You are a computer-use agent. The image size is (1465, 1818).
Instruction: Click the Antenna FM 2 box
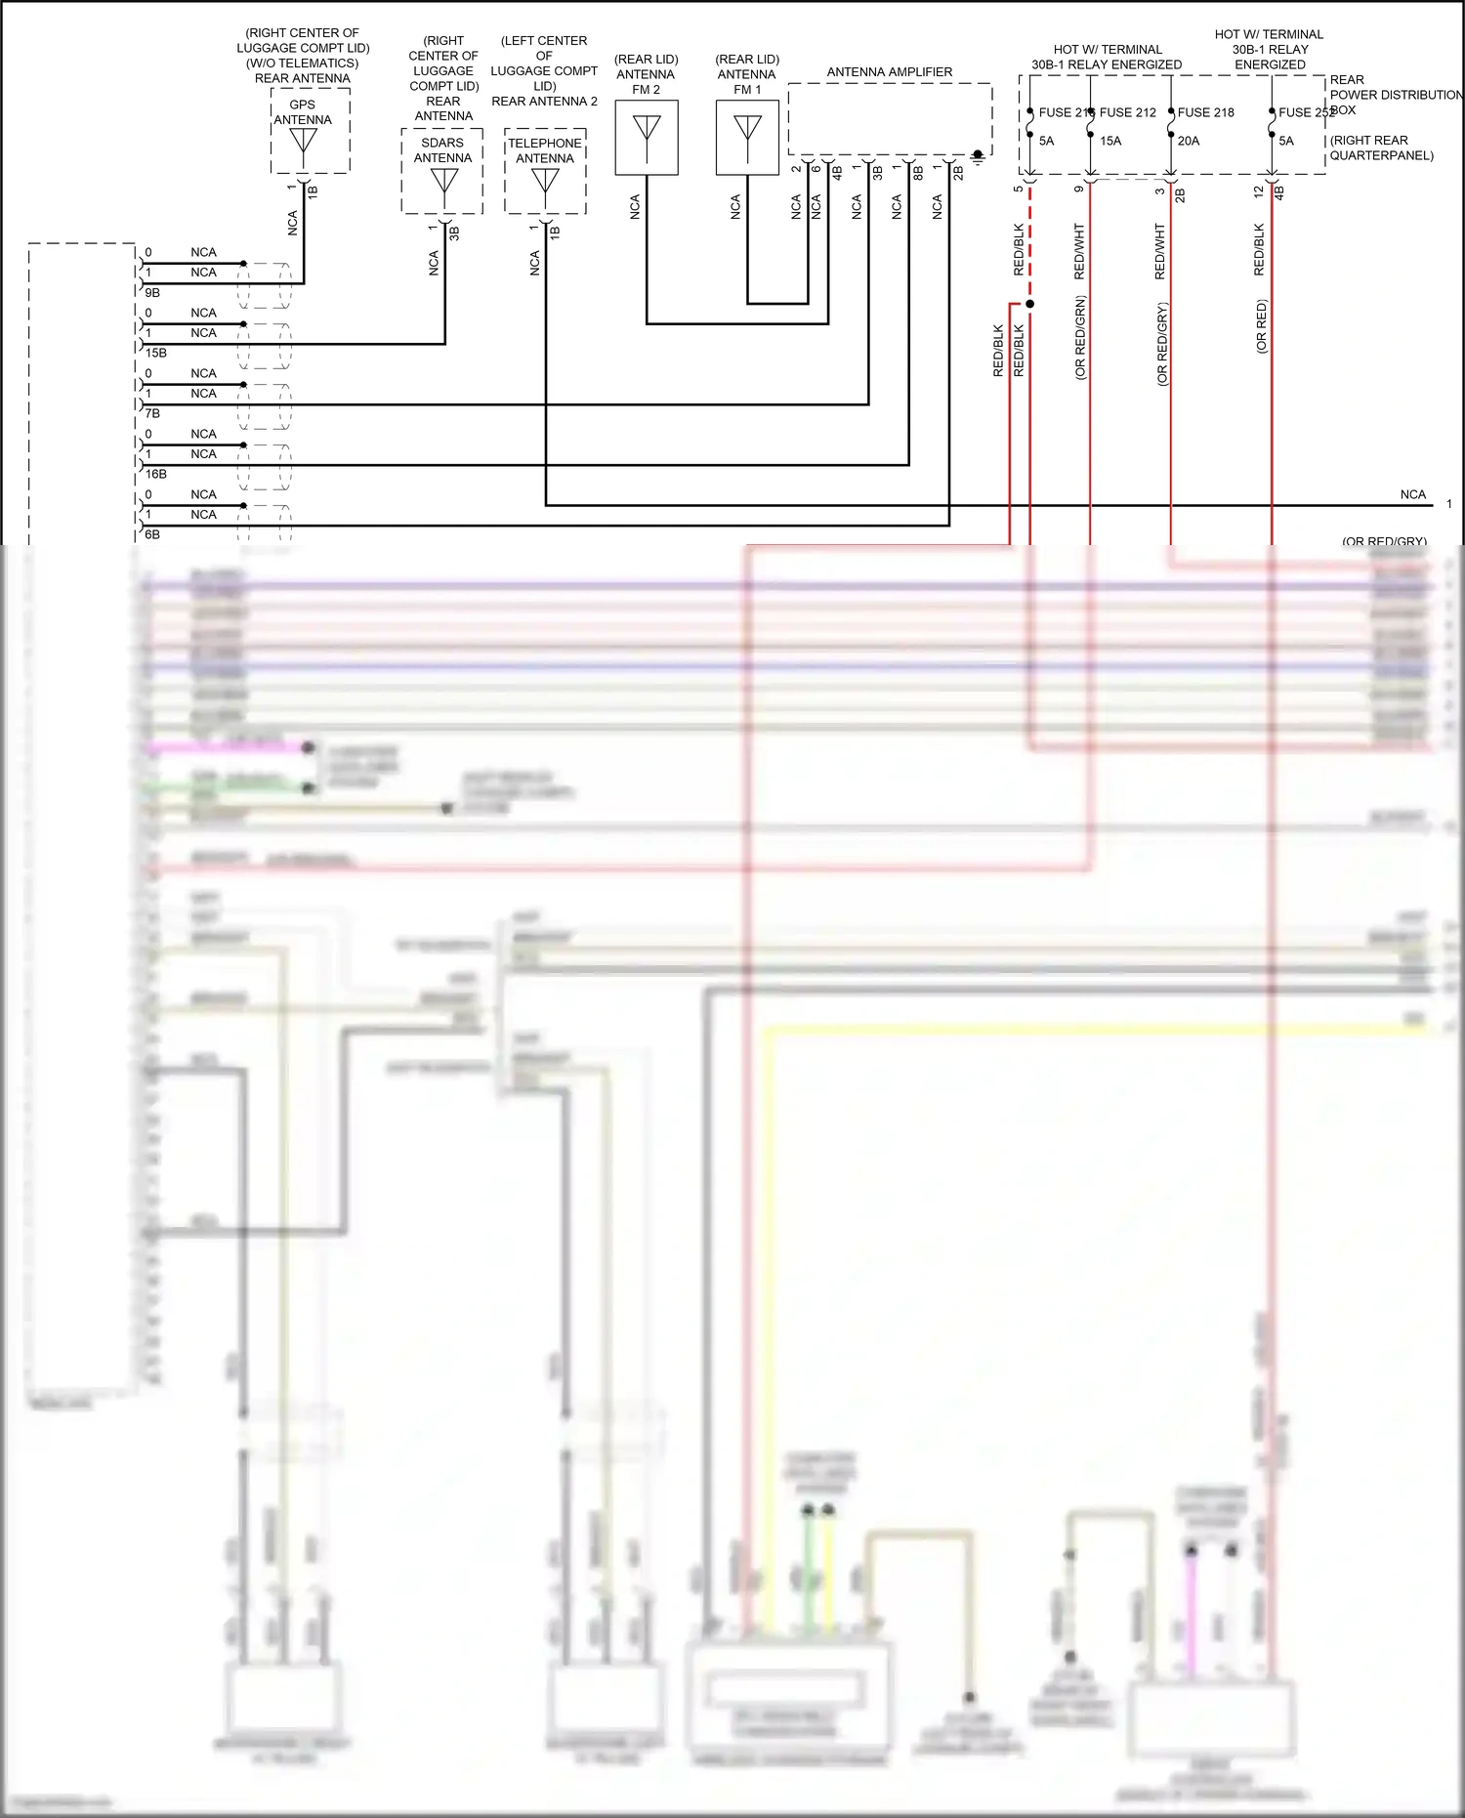647,138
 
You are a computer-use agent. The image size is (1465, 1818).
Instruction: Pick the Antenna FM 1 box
747,138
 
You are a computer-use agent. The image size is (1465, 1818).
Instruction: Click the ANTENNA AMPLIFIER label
889,72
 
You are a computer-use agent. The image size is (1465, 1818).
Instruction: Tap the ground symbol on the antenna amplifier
978,156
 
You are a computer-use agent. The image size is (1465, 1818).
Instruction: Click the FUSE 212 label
1127,112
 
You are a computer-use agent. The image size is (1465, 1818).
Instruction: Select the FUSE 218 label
1205,112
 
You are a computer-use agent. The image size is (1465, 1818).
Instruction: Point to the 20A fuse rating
1189,141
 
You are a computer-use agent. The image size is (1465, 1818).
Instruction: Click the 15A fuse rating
1110,141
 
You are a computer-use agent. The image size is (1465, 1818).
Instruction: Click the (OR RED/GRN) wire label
1080,337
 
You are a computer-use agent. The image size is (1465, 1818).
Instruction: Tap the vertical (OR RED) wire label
1261,326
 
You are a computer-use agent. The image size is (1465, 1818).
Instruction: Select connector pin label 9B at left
152,293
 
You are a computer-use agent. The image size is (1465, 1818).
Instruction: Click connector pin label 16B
156,475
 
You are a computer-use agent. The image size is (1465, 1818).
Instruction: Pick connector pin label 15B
156,354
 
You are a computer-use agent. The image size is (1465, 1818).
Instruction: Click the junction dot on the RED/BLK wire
1029,304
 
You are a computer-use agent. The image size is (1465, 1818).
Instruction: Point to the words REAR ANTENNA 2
544,102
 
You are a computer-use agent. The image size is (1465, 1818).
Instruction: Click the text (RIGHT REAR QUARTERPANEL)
1381,148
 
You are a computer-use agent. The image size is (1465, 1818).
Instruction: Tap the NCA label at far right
1412,495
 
